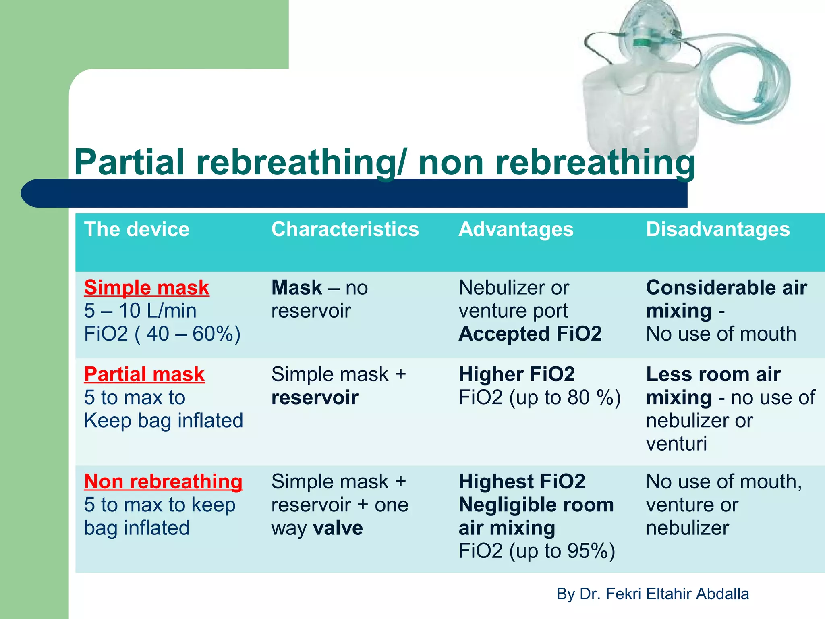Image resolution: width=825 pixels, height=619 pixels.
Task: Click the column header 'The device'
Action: tap(137, 230)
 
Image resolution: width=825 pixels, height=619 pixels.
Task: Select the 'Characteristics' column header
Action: tap(345, 230)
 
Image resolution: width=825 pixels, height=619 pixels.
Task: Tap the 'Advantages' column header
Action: tap(516, 230)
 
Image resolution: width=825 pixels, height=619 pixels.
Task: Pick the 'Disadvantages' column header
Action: tap(718, 230)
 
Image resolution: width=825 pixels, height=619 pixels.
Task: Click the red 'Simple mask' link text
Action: tap(147, 288)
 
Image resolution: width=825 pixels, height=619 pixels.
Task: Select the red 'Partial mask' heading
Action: tap(144, 374)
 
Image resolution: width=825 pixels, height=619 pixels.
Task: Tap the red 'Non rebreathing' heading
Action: tap(163, 482)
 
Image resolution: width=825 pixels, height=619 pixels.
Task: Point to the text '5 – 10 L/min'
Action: tap(140, 311)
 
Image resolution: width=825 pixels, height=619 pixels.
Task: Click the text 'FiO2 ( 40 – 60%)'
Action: tap(162, 334)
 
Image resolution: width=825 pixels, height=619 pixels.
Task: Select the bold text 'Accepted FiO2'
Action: tap(530, 334)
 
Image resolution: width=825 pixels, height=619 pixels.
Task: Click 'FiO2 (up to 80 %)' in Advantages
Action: tap(539, 398)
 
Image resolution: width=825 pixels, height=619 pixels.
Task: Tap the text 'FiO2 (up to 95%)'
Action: tap(537, 551)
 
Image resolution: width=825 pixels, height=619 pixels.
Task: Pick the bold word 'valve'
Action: tap(338, 528)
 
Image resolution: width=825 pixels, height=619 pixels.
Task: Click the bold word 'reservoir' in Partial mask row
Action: tap(315, 398)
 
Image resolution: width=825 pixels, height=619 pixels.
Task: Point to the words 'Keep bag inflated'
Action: tap(164, 421)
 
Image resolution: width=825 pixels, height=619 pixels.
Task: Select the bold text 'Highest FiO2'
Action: tap(522, 482)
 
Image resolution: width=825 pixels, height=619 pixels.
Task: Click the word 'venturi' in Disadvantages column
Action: tap(676, 444)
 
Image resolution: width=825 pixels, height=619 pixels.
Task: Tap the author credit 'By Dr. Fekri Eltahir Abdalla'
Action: tap(653, 594)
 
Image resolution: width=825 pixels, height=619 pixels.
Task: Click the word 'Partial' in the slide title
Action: tap(129, 162)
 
